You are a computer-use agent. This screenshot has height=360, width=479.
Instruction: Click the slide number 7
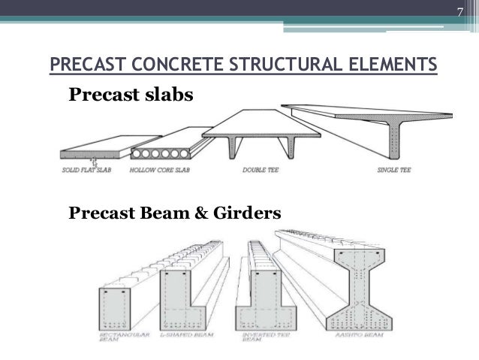462,10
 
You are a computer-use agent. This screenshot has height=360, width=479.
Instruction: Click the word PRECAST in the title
84,65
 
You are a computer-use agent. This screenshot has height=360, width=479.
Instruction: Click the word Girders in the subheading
248,214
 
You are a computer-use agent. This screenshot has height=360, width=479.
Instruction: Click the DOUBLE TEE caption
257,170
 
